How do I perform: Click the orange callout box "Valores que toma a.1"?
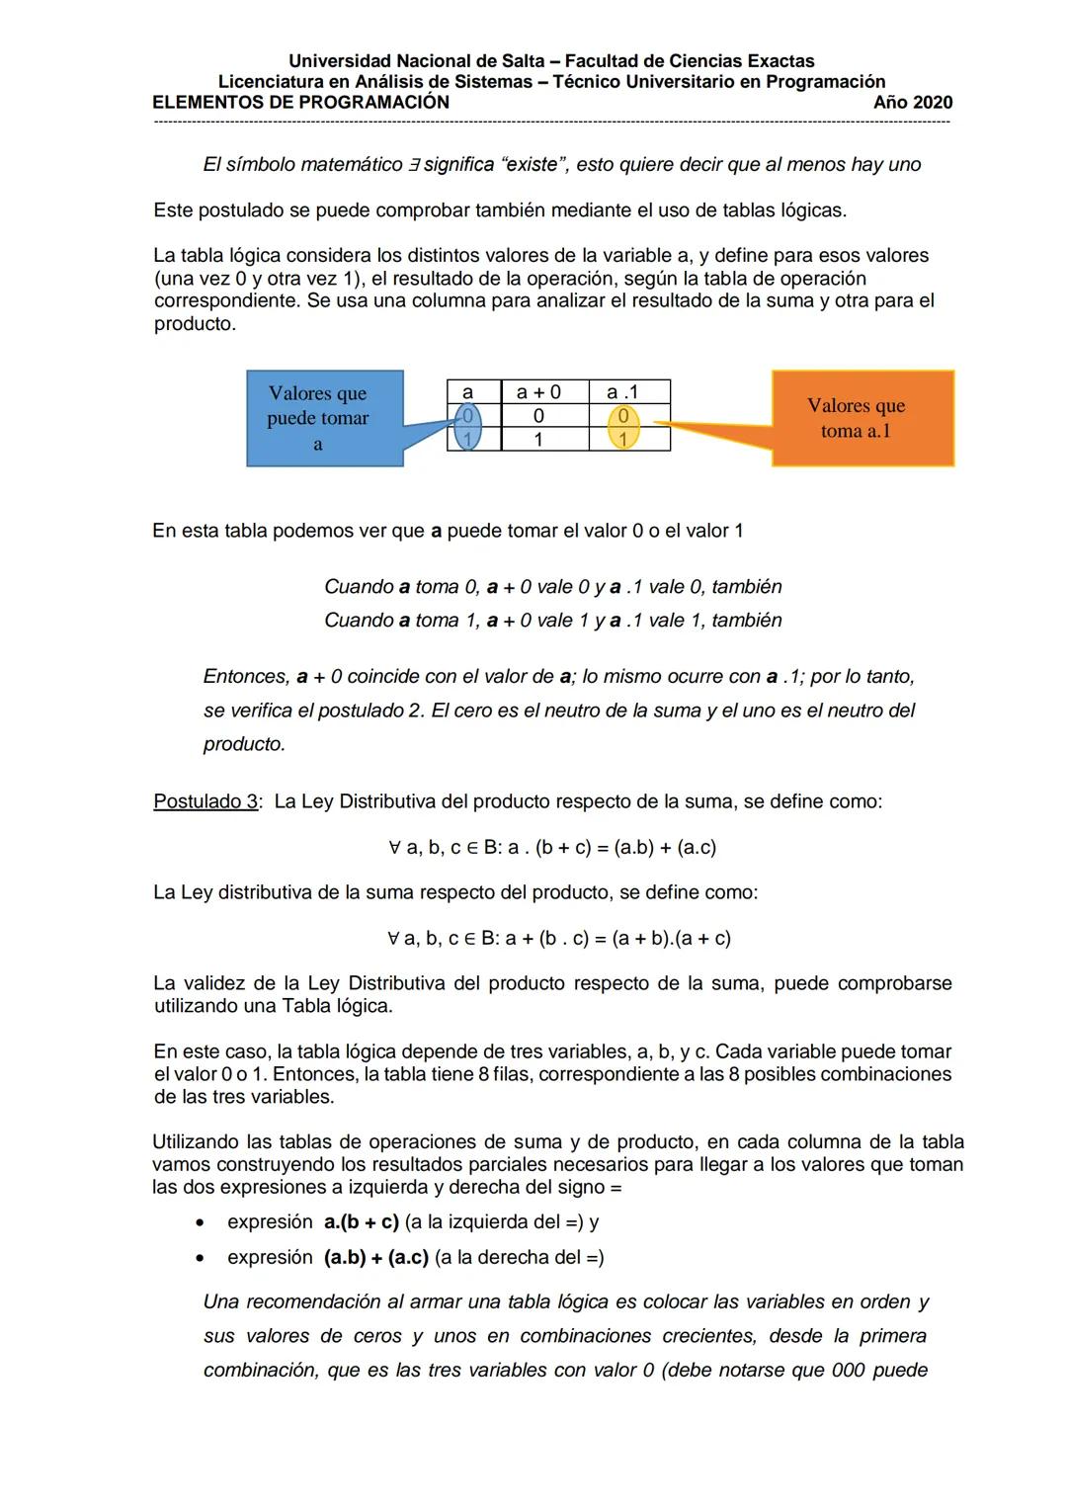pyautogui.click(x=856, y=418)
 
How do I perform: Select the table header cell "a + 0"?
pyautogui.click(x=538, y=391)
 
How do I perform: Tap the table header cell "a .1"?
pyautogui.click(x=622, y=391)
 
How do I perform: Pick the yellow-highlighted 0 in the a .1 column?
pyautogui.click(x=623, y=416)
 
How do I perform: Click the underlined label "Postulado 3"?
pyautogui.click(x=205, y=801)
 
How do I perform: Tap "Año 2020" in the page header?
pyautogui.click(x=913, y=102)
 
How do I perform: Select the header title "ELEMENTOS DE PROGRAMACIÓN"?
pyautogui.click(x=301, y=102)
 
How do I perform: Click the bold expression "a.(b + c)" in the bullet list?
pyautogui.click(x=361, y=1222)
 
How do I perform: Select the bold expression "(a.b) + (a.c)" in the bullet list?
pyautogui.click(x=375, y=1258)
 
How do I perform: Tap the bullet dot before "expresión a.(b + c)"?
pyautogui.click(x=201, y=1223)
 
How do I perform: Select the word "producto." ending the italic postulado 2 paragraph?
pyautogui.click(x=244, y=744)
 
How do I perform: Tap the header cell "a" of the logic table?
pyautogui.click(x=468, y=391)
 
